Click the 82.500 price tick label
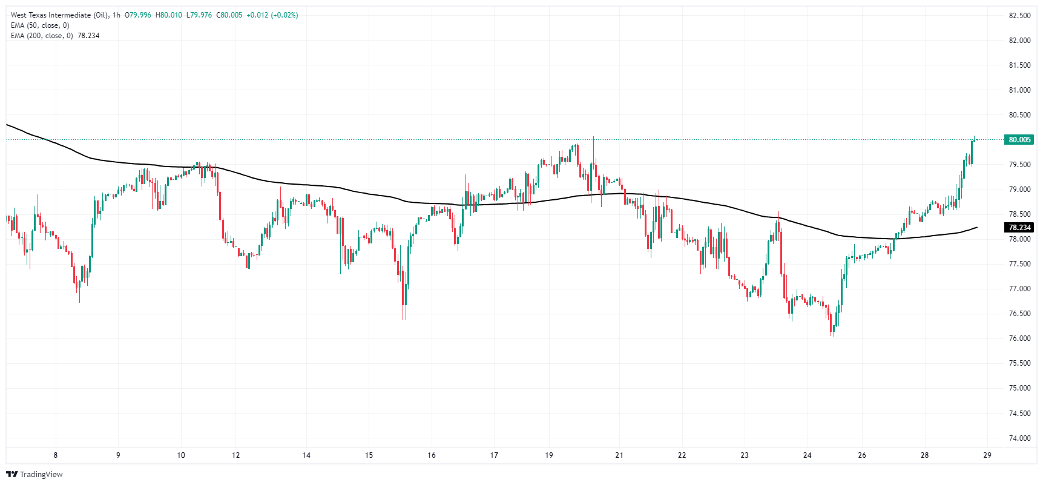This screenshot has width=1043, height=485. [1019, 16]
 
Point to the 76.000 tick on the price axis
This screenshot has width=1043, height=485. [1019, 338]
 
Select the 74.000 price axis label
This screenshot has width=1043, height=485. [1019, 438]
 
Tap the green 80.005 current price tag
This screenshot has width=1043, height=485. [1019, 140]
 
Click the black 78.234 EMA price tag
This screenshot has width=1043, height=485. [1019, 228]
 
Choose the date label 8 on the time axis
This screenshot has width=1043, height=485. [56, 455]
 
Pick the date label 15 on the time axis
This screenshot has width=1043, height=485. [369, 455]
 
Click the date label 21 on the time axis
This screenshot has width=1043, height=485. [619, 455]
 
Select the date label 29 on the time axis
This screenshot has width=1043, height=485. [987, 455]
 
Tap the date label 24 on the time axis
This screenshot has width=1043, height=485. [807, 455]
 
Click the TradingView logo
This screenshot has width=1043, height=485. [35, 474]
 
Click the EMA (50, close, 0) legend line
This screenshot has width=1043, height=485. [40, 25]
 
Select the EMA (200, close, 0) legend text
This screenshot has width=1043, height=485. [42, 36]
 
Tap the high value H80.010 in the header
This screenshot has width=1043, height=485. [169, 15]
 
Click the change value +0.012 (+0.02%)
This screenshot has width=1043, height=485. [272, 15]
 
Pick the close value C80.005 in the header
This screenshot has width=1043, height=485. [229, 15]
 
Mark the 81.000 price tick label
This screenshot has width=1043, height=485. [1019, 90]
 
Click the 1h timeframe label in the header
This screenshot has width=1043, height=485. [116, 15]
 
